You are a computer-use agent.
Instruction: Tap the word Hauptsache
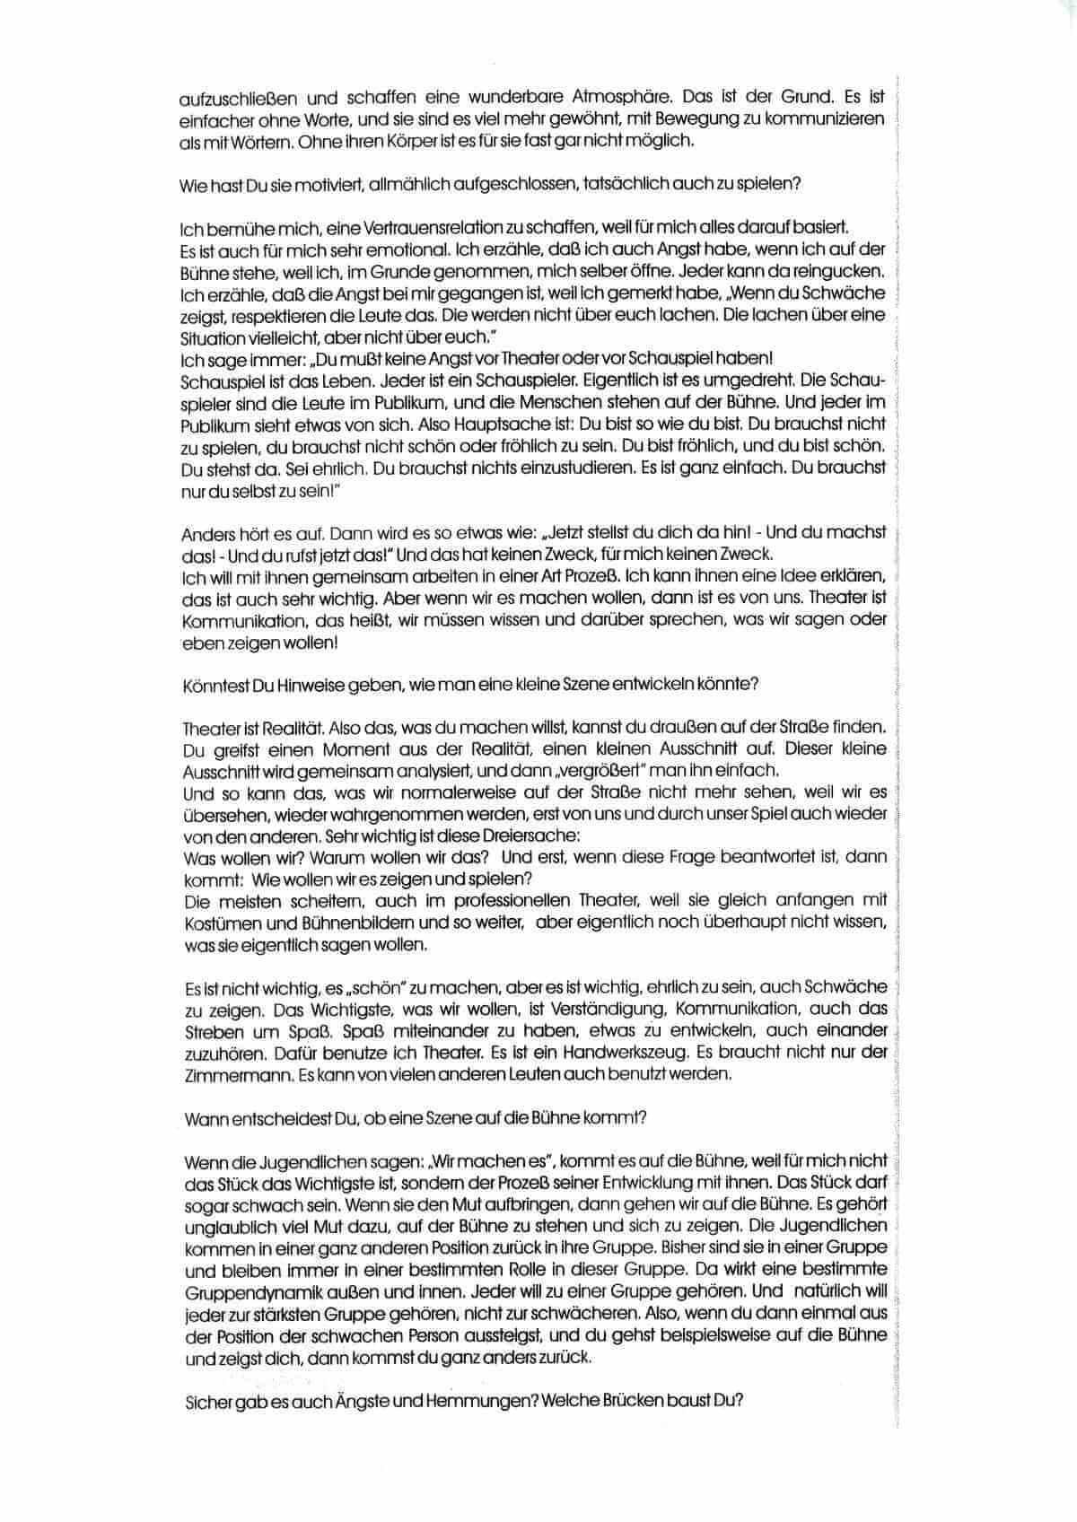point(482,423)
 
